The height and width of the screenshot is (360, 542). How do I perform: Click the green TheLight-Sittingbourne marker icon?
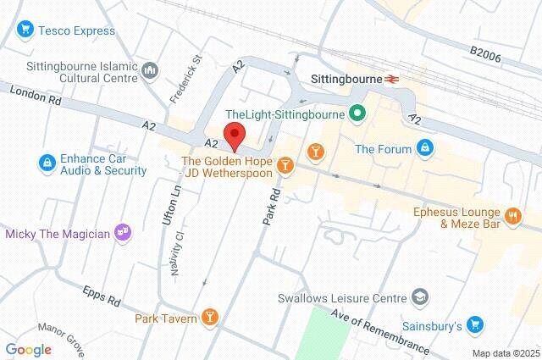(357, 113)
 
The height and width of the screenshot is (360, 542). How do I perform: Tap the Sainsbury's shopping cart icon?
(475, 324)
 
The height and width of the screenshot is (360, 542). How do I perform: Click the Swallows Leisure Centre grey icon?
(418, 296)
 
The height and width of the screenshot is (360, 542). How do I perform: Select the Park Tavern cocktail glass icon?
(208, 318)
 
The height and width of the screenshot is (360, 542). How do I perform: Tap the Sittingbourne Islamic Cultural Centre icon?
(150, 69)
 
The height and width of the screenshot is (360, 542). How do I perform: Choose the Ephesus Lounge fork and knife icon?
(512, 217)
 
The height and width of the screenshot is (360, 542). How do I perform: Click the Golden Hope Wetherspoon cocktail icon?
(287, 166)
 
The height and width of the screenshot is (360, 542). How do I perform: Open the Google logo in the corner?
(28, 349)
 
